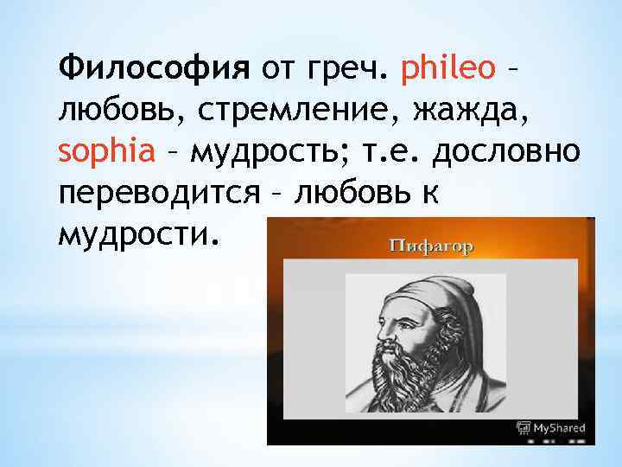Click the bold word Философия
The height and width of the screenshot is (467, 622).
click(154, 67)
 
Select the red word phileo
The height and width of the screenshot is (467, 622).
click(447, 67)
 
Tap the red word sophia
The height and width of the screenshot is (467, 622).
click(106, 152)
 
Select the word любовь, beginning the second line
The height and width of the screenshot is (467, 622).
click(107, 110)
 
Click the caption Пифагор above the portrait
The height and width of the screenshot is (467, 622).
click(430, 246)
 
